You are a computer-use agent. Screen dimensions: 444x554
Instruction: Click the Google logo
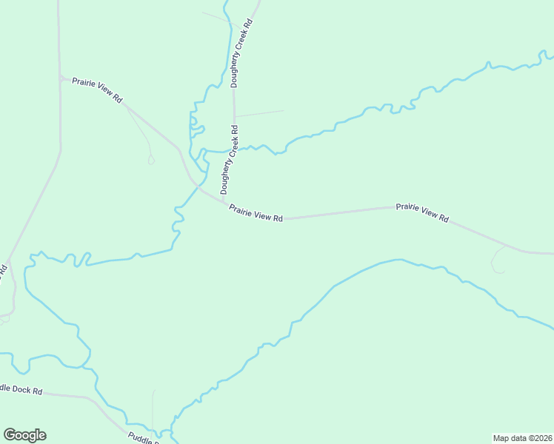pyautogui.click(x=24, y=435)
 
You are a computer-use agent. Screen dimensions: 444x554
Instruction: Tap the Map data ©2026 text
pyautogui.click(x=523, y=437)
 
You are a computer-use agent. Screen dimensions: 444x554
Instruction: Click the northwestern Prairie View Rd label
pyautogui.click(x=97, y=89)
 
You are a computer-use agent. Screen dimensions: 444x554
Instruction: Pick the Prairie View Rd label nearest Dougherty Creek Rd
pyautogui.click(x=256, y=213)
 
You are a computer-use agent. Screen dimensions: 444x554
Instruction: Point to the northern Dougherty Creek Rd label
pyautogui.click(x=242, y=53)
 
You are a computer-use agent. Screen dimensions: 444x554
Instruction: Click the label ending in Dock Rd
pyautogui.click(x=21, y=389)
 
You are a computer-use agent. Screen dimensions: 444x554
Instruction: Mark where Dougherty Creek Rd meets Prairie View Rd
pyautogui.click(x=223, y=202)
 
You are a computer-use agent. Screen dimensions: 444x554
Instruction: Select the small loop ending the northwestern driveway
pyautogui.click(x=151, y=160)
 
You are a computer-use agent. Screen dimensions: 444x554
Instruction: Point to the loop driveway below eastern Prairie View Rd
pyautogui.click(x=497, y=260)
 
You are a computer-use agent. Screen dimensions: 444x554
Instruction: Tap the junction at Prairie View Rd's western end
pyautogui.click(x=60, y=77)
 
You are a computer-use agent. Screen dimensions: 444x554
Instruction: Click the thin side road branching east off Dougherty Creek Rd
pyautogui.click(x=259, y=114)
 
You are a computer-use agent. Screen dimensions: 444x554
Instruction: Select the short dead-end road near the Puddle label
pyautogui.click(x=153, y=407)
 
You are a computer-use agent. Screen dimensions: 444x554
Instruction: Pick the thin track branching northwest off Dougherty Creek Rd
pyautogui.click(x=218, y=18)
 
